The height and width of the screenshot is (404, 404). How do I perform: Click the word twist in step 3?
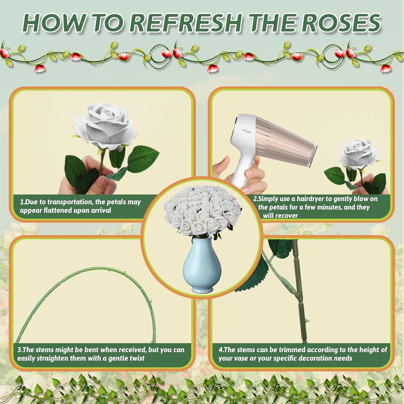pyautogui.click(x=137, y=358)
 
